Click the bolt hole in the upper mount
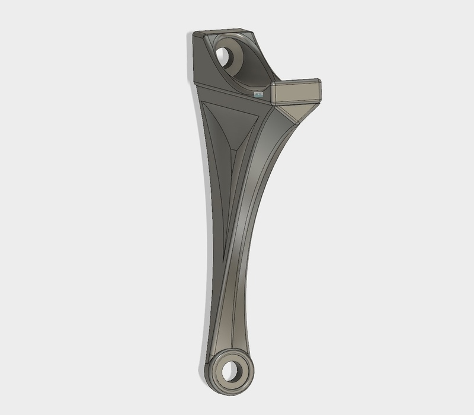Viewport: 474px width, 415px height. coord(223,57)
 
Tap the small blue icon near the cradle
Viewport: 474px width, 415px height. coord(257,94)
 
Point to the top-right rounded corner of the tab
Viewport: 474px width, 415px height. coord(319,81)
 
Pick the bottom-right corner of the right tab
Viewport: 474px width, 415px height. coord(321,102)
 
